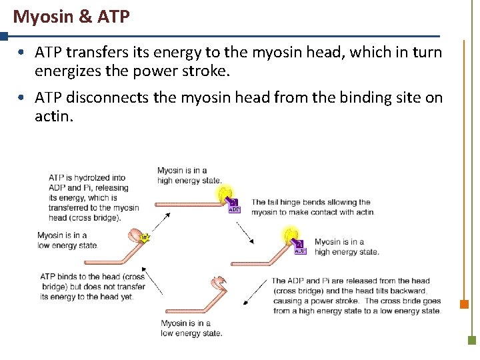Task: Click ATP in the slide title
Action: (x=113, y=17)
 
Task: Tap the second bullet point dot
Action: (x=22, y=98)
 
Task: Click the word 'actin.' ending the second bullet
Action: (x=53, y=117)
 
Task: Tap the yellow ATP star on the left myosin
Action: (x=144, y=237)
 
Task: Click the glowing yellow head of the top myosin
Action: (x=223, y=195)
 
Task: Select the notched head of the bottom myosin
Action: (x=218, y=283)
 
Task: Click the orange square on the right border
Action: (x=464, y=304)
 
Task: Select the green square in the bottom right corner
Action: (x=471, y=339)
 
